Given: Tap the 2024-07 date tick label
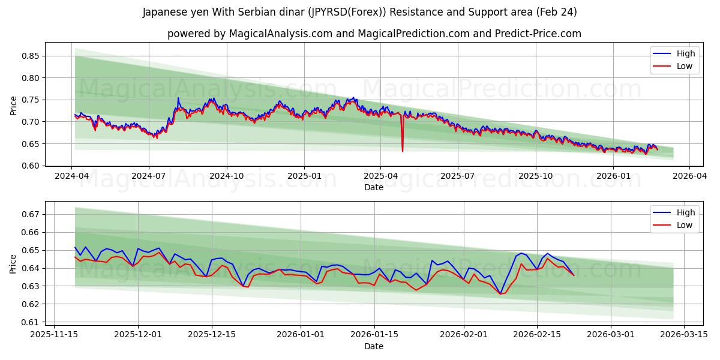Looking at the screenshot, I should [x=148, y=176].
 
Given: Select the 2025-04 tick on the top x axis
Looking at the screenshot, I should [x=380, y=176].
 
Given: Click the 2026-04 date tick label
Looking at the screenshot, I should [x=689, y=176].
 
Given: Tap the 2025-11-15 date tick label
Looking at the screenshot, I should [x=54, y=335].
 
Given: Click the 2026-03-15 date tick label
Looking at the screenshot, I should [x=685, y=335].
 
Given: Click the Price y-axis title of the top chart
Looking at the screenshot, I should [x=14, y=106].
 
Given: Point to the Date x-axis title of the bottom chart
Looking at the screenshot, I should [x=374, y=346].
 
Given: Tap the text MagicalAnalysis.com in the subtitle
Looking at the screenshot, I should [x=280, y=34].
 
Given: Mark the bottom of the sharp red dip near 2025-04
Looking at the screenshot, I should [x=403, y=151].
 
